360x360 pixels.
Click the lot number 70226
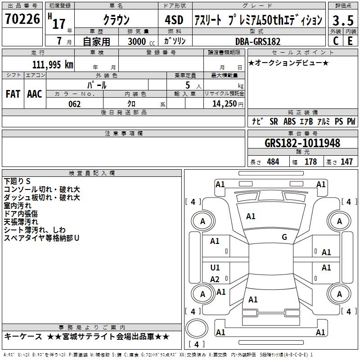tap(22, 19)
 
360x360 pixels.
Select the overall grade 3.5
tap(343, 20)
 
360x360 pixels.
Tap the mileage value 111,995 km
tap(53, 65)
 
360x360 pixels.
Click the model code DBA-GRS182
tap(258, 41)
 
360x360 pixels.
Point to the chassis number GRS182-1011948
tap(302, 143)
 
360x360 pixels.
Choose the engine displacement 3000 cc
tap(141, 41)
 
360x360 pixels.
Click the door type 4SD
tap(174, 20)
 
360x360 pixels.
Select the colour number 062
tap(75, 104)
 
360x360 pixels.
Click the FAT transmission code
tap(13, 94)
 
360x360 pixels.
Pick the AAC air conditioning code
tap(35, 94)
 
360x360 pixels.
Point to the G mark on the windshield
tap(284, 237)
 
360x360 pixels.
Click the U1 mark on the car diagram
tap(215, 267)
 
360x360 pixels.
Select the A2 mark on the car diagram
tap(215, 279)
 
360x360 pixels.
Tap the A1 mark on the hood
tap(251, 216)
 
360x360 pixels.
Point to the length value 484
tap(273, 162)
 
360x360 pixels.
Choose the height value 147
tap(346, 162)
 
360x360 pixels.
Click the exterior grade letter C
tap(336, 41)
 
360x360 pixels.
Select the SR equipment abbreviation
tap(274, 121)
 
